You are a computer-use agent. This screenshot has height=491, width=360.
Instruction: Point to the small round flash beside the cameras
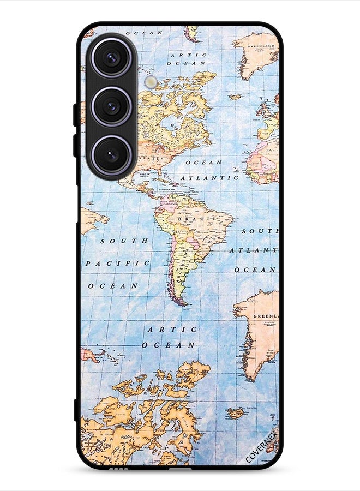click(x=151, y=82)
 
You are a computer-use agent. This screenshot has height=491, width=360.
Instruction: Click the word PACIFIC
click(x=118, y=263)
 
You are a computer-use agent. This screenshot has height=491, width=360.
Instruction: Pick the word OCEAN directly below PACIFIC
click(x=113, y=285)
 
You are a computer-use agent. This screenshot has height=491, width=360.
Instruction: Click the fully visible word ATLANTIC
click(x=209, y=178)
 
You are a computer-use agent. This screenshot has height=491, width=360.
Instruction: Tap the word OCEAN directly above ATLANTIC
click(x=203, y=162)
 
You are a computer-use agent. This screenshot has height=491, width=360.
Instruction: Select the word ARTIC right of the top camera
click(x=188, y=55)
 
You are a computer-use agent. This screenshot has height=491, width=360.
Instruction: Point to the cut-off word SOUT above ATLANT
click(x=260, y=231)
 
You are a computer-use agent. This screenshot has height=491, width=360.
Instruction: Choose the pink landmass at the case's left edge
click(x=89, y=355)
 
